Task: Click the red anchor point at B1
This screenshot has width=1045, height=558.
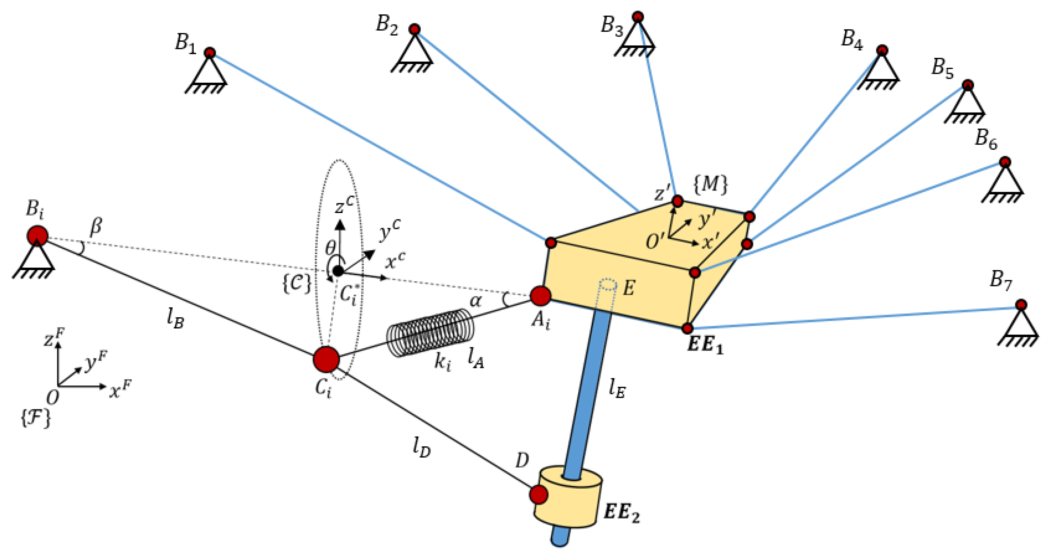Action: (210, 53)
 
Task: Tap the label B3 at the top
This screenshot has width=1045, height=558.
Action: (612, 25)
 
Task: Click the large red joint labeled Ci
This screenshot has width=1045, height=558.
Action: (326, 359)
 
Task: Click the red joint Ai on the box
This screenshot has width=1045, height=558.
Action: (540, 296)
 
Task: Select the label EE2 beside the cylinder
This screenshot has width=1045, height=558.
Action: (622, 512)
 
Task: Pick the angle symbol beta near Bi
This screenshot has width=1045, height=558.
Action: (96, 226)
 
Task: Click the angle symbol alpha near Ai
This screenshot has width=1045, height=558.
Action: (475, 301)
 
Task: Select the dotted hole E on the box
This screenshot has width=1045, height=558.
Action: (607, 285)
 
